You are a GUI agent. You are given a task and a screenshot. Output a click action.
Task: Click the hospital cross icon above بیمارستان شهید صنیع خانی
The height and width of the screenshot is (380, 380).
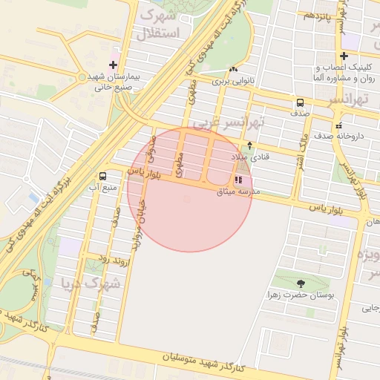[x=113, y=65]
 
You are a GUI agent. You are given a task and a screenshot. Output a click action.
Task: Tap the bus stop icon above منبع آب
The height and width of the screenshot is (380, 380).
[x=102, y=177]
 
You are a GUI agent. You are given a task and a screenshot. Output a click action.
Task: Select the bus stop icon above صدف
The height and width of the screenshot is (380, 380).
[x=300, y=103]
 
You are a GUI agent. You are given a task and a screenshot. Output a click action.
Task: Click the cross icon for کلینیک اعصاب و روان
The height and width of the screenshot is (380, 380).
[x=344, y=56]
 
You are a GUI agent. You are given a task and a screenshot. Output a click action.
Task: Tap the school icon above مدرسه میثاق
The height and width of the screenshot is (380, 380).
[x=238, y=180]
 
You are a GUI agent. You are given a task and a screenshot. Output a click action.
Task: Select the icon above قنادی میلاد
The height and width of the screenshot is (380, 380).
[x=249, y=145]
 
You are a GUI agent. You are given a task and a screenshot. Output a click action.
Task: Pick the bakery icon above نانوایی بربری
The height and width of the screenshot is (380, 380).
[x=234, y=70]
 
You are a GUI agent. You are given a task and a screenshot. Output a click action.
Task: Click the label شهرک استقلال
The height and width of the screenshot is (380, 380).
[x=158, y=24]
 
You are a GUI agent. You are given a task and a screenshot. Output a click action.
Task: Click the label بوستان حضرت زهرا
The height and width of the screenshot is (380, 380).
[x=301, y=295]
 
